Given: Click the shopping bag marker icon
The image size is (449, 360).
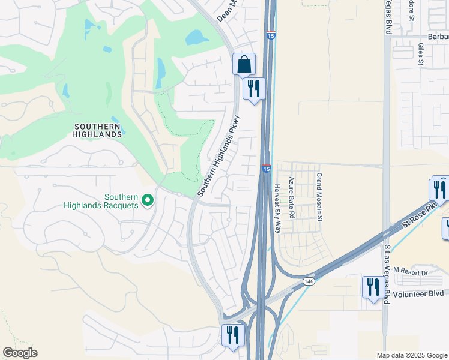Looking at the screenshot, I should (x=244, y=64).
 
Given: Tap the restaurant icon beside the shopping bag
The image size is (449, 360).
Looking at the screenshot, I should (x=254, y=89).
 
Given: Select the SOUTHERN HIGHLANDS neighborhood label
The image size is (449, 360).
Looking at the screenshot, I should (x=98, y=130).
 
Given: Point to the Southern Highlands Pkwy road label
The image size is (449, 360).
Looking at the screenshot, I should (x=219, y=156).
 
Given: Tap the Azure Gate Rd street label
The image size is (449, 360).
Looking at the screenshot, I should (x=292, y=197).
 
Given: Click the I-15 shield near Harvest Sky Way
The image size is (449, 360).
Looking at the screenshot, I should (x=265, y=169).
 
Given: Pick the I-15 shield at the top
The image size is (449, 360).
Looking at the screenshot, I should (x=271, y=36).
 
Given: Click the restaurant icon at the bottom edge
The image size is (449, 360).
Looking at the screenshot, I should (x=232, y=335).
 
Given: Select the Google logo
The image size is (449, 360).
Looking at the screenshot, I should (x=20, y=353).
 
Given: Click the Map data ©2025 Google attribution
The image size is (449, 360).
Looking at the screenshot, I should (x=411, y=355).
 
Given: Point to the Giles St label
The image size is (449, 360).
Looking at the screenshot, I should (x=421, y=53).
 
